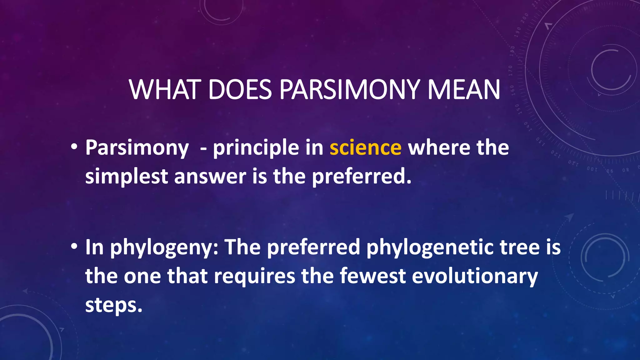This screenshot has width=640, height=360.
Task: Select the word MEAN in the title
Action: [464, 90]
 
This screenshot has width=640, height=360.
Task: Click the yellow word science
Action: [365, 147]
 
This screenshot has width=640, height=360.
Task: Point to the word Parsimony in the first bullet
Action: [137, 148]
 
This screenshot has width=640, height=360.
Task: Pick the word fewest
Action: [372, 276]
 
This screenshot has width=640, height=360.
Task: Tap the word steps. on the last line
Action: [114, 305]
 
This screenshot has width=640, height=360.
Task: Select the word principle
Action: [256, 148]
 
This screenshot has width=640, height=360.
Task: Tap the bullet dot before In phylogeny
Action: [74, 247]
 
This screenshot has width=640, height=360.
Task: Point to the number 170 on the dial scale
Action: [510, 71]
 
